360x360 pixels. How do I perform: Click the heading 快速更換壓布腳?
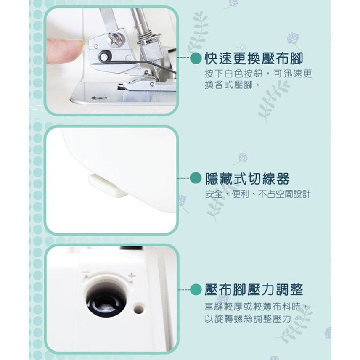(254, 59)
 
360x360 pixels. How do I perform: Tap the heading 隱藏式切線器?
(247, 179)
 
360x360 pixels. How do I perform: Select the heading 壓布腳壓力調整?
(254, 290)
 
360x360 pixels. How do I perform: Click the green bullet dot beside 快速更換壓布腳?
(196, 58)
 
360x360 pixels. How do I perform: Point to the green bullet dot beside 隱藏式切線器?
(196, 178)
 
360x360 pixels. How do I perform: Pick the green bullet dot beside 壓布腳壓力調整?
(196, 290)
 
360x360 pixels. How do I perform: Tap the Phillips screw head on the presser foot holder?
(116, 39)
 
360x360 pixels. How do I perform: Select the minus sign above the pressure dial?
(85, 273)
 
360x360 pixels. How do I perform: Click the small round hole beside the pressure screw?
(139, 308)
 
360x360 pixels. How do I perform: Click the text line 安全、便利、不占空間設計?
(258, 194)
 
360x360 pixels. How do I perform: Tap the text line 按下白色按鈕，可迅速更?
(258, 74)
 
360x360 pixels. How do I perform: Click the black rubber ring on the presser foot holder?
(106, 56)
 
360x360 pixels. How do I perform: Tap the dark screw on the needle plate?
(99, 98)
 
